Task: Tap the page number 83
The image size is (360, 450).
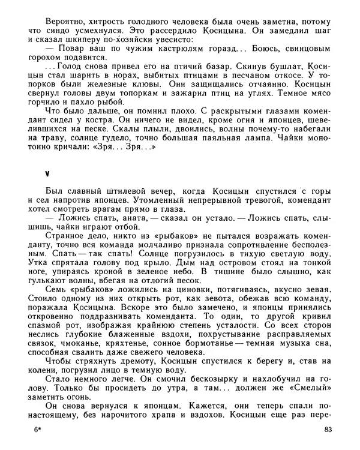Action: click(327, 430)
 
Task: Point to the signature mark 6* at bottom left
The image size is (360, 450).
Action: click(39, 430)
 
